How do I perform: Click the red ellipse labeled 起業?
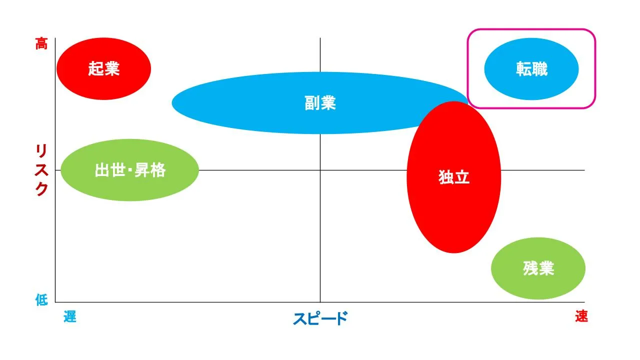coord(103,69)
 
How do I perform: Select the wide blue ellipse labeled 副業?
coord(320,103)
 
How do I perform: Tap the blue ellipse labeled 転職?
coord(531,69)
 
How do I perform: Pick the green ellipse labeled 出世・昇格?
coord(129,170)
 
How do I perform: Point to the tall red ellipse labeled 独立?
coord(453,177)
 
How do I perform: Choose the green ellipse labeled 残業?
coord(538,268)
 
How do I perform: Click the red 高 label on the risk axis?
coord(41,43)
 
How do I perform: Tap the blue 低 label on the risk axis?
coord(41,299)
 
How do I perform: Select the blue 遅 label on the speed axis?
coord(70,316)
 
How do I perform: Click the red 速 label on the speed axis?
coord(581,316)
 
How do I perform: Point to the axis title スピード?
coord(320,318)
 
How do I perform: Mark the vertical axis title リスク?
coord(41,170)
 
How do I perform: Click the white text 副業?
coord(320,103)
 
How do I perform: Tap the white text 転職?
coord(531,69)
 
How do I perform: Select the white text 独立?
coord(454,177)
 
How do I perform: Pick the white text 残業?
coord(538,268)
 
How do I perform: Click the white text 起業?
coord(103,69)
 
